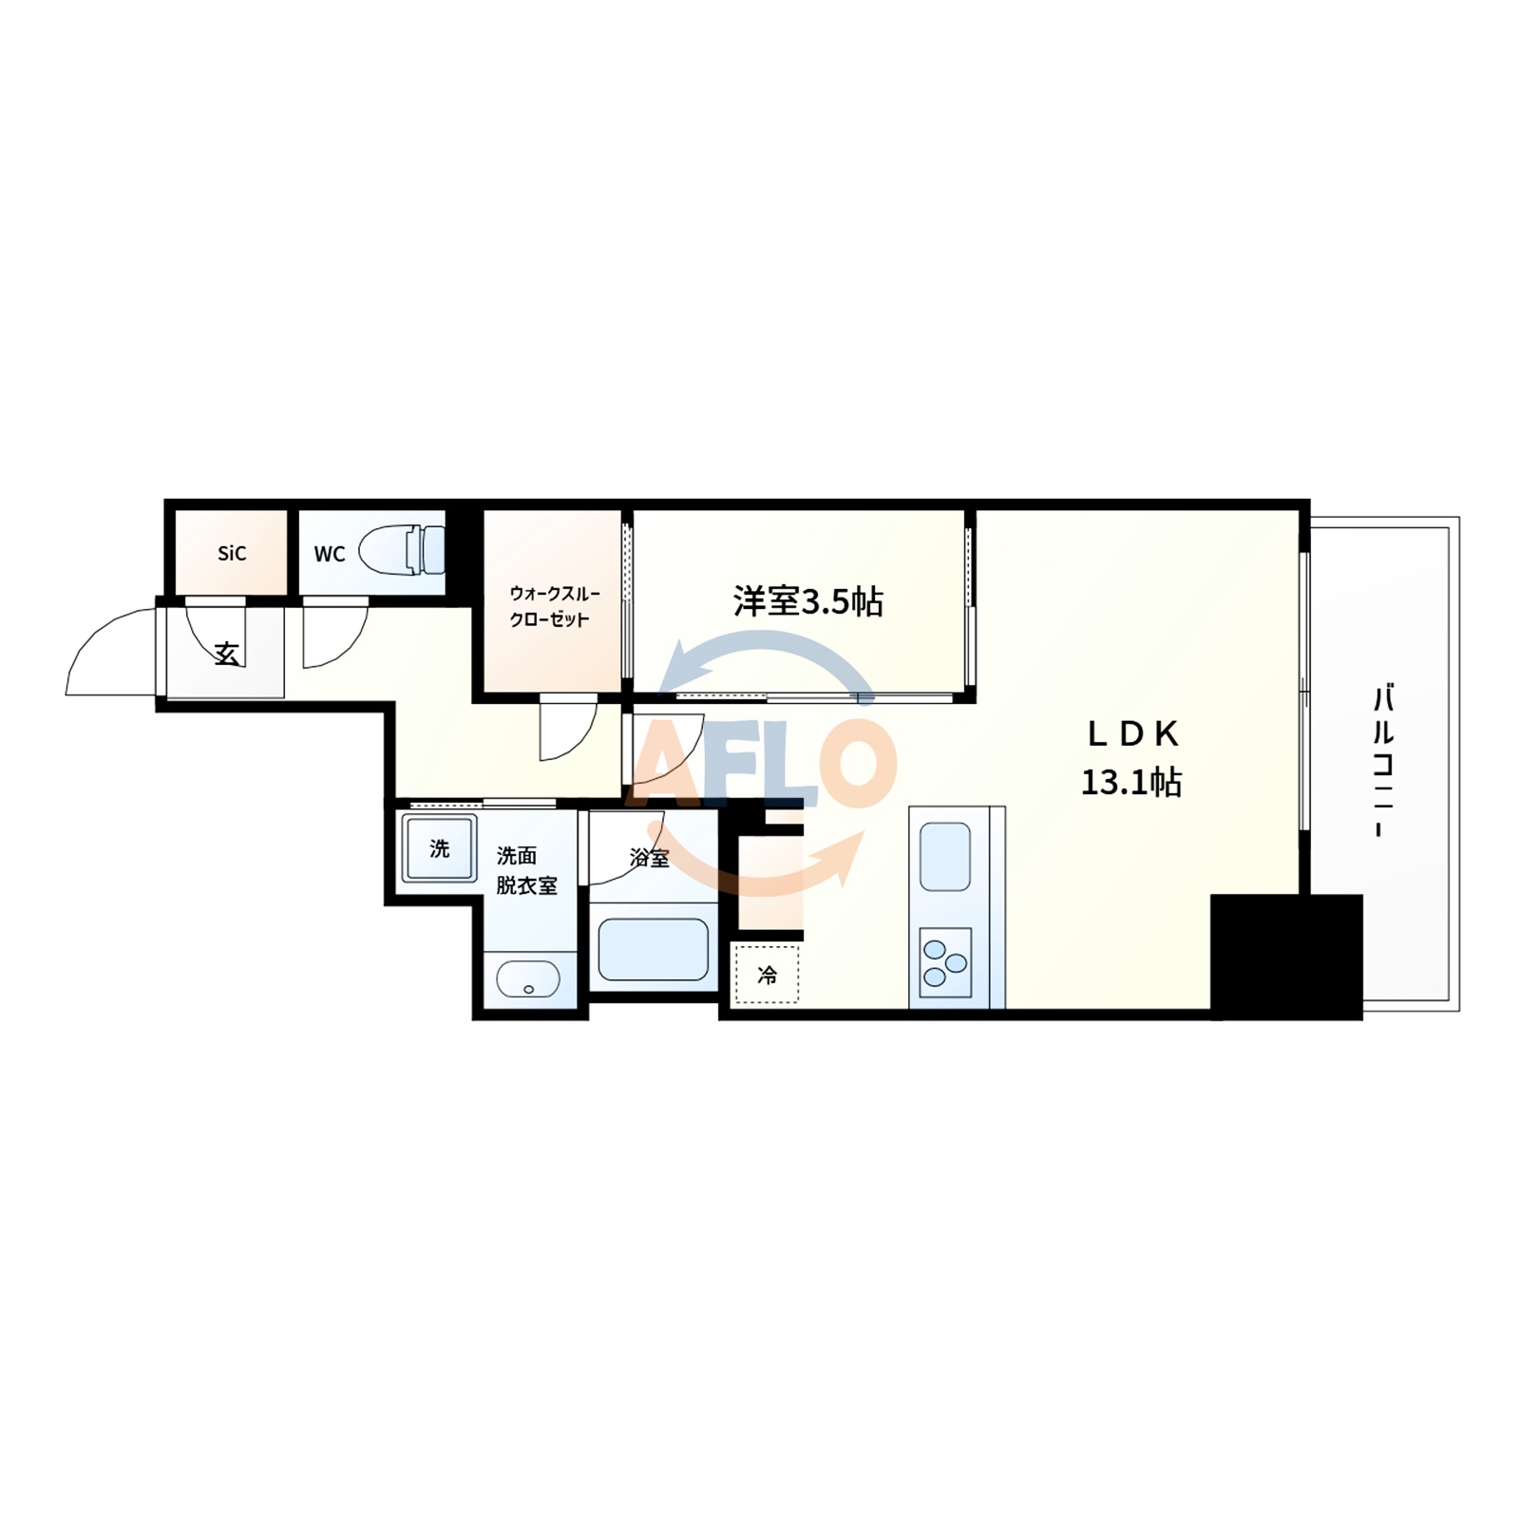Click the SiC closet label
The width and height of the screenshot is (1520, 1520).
232,553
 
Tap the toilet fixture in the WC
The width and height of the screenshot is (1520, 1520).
403,549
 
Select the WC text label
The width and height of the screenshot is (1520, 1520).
329,554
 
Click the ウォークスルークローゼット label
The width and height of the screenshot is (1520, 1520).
553,606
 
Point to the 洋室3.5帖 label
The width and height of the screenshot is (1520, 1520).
807,601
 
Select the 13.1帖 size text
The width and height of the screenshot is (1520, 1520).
1131,782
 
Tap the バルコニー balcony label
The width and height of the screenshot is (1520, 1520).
1383,760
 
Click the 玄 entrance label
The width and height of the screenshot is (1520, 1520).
226,654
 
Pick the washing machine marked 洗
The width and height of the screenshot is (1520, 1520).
439,848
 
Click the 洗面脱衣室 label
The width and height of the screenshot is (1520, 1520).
526,870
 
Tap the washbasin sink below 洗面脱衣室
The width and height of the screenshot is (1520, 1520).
528,978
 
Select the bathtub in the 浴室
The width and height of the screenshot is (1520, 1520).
653,947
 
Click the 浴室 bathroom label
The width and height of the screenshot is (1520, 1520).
650,858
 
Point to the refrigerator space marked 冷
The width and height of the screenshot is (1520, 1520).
766,975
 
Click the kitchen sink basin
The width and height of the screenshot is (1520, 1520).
945,857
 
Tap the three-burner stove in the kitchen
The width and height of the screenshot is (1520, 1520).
945,962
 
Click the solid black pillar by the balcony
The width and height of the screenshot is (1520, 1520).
1285,957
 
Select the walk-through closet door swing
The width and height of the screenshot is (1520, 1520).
568,730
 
